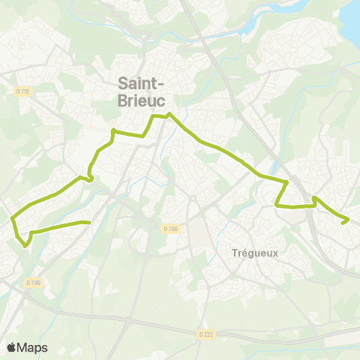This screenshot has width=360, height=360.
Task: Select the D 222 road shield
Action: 207,333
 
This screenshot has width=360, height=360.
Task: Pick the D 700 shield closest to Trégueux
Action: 171,228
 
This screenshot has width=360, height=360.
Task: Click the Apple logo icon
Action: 11,347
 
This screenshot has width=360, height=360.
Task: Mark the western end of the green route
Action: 89,222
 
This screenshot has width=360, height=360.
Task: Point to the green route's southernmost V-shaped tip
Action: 26,244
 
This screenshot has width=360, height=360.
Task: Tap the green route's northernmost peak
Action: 170,114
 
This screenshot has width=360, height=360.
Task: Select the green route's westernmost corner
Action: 13,220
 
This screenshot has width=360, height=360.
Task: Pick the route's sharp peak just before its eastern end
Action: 315,198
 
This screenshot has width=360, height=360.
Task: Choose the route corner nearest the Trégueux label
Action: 277,204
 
